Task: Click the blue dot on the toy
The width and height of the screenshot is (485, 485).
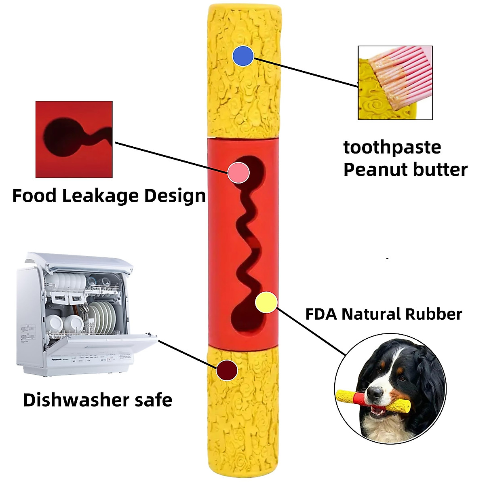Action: click(x=243, y=56)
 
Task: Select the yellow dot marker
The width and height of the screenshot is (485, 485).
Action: click(x=266, y=302)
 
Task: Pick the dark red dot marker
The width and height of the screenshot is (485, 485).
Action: click(x=227, y=370)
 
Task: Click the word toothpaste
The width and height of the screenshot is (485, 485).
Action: click(x=392, y=148)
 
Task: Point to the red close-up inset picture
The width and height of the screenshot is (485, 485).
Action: click(x=74, y=139)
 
